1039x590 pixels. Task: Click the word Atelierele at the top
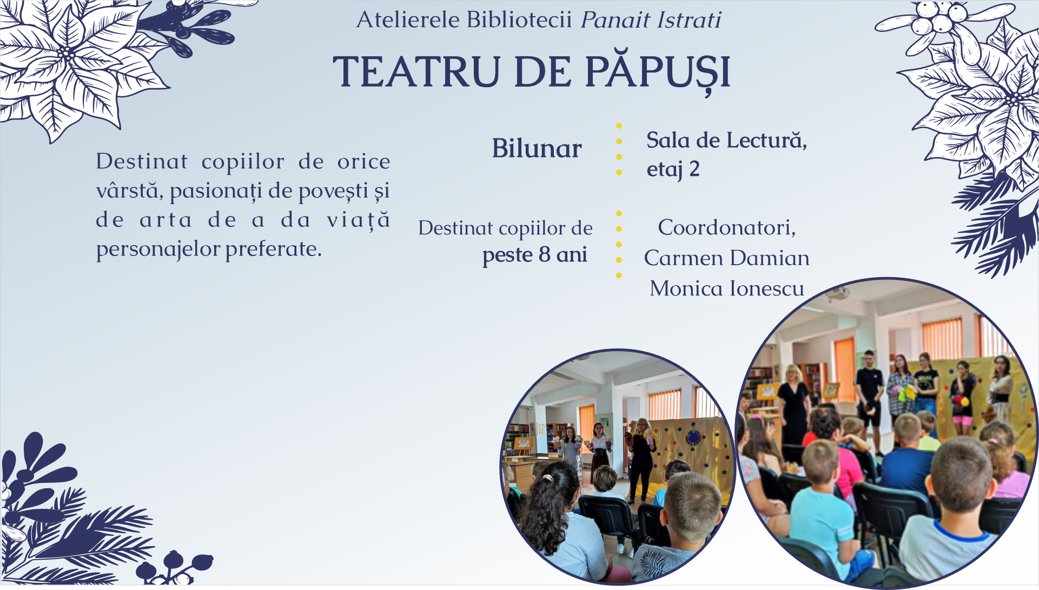pyautogui.click(x=408, y=20)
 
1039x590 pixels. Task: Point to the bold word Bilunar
pyautogui.click(x=537, y=148)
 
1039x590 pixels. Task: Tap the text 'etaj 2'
pyautogui.click(x=673, y=169)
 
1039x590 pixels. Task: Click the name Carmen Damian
pyautogui.click(x=726, y=258)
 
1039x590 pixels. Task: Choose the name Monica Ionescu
pyautogui.click(x=726, y=289)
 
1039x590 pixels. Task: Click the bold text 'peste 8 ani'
pyautogui.click(x=534, y=255)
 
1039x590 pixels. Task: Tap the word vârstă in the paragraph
pyautogui.click(x=130, y=191)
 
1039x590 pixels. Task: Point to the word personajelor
pyautogui.click(x=157, y=250)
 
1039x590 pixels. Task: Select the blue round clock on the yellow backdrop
pyautogui.click(x=693, y=437)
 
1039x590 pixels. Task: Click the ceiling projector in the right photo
pyautogui.click(x=837, y=294)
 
